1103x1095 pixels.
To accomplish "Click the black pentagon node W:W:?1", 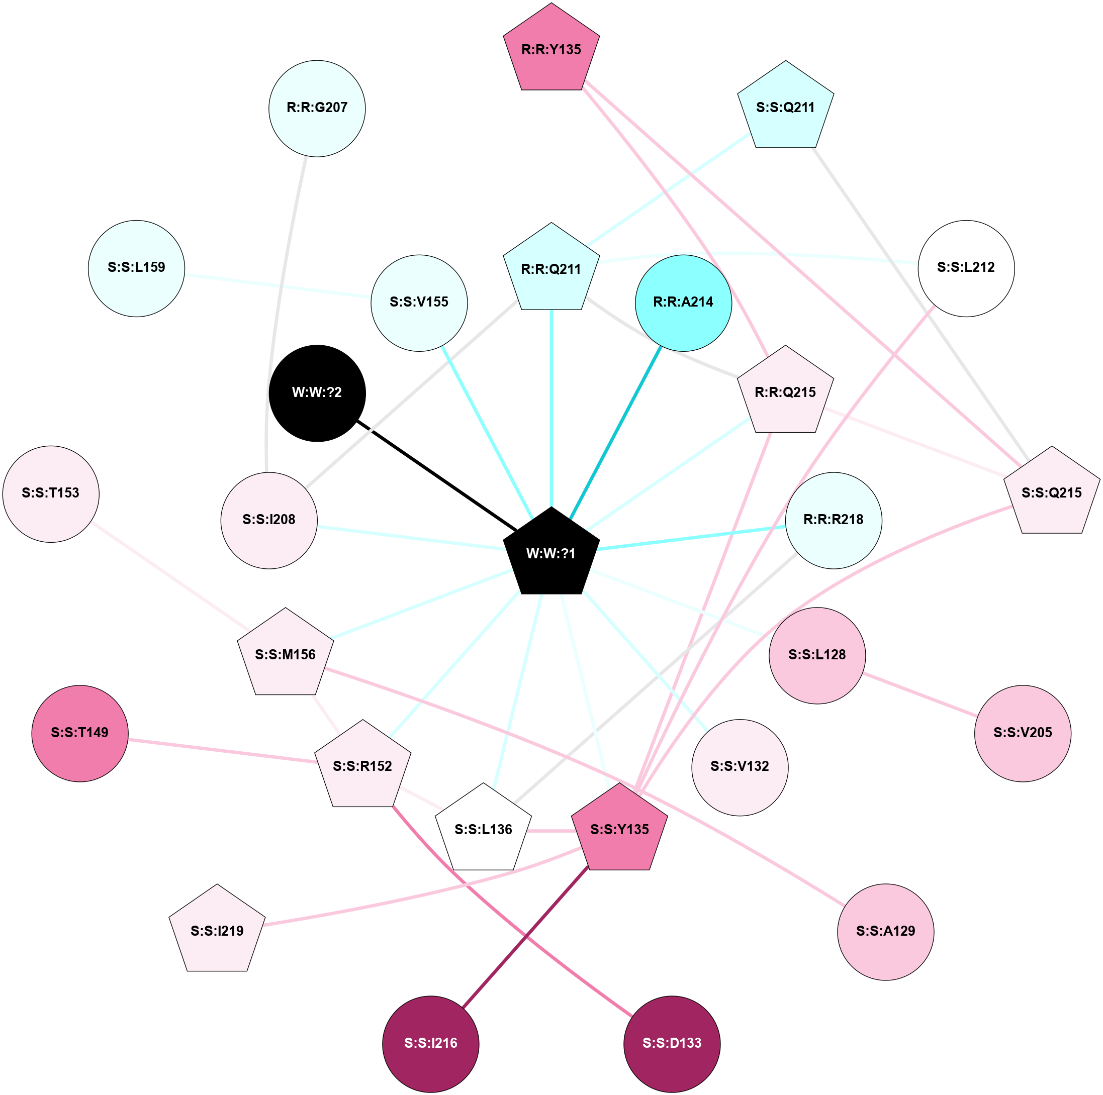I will pyautogui.click(x=551, y=553).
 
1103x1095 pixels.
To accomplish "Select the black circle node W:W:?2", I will pyautogui.click(x=317, y=392).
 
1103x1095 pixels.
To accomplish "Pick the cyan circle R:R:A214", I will pyautogui.click(x=683, y=303).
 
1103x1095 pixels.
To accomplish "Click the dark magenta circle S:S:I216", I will pyautogui.click(x=430, y=1044).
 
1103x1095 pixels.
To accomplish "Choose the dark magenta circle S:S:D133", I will pyautogui.click(x=672, y=1044).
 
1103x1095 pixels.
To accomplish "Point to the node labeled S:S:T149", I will pyautogui.click(x=80, y=733).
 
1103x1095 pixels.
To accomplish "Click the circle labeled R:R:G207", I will pyautogui.click(x=317, y=109).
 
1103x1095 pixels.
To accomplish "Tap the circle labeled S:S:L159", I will pyautogui.click(x=136, y=268).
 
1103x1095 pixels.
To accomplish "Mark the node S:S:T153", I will pyautogui.click(x=51, y=493).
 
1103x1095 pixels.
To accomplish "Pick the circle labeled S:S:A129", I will pyautogui.click(x=885, y=932).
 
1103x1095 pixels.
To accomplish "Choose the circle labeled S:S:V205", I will pyautogui.click(x=1023, y=733).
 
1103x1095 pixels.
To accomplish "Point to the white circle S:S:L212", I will pyautogui.click(x=966, y=268).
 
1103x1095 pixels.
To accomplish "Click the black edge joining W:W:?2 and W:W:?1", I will pyautogui.click(x=437, y=475).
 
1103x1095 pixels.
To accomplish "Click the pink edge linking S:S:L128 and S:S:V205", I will pyautogui.click(x=919, y=694).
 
